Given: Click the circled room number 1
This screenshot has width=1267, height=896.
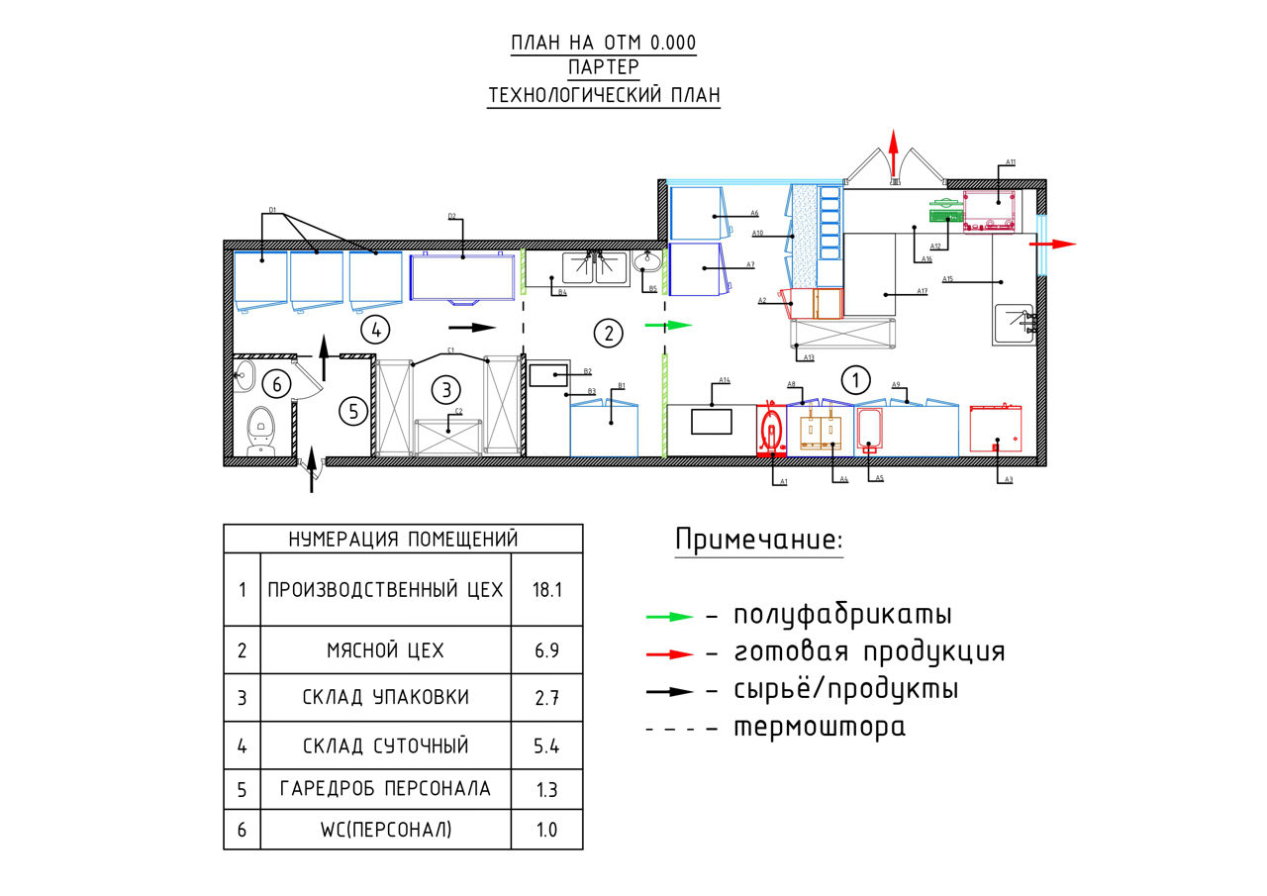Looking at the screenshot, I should pyautogui.click(x=854, y=378).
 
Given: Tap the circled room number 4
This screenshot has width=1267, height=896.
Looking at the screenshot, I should pyautogui.click(x=374, y=328).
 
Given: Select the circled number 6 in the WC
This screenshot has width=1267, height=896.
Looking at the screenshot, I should pyautogui.click(x=277, y=383).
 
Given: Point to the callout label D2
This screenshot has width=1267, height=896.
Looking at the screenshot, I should pyautogui.click(x=451, y=216).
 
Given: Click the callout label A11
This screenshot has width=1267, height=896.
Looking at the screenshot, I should pyautogui.click(x=1010, y=161).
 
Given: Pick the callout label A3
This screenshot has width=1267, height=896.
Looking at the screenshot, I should pyautogui.click(x=1009, y=479).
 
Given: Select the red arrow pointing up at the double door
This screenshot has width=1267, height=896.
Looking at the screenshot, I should pyautogui.click(x=893, y=153).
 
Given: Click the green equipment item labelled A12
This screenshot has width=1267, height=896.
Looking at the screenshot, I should pyautogui.click(x=945, y=212).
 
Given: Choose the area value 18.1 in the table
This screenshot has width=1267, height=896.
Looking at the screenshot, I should pyautogui.click(x=546, y=590).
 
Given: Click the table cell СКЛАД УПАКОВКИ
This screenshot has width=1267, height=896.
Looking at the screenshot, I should pyautogui.click(x=385, y=697).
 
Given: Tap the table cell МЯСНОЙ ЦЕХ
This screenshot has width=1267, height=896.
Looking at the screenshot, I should pyautogui.click(x=385, y=650).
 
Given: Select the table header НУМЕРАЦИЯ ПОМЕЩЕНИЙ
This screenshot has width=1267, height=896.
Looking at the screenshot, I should pyautogui.click(x=403, y=540).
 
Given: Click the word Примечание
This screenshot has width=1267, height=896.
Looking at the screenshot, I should pyautogui.click(x=759, y=541).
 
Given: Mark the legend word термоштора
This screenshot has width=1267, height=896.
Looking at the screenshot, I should pyautogui.click(x=819, y=728).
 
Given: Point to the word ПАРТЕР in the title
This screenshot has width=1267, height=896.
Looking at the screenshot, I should pyautogui.click(x=604, y=68).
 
